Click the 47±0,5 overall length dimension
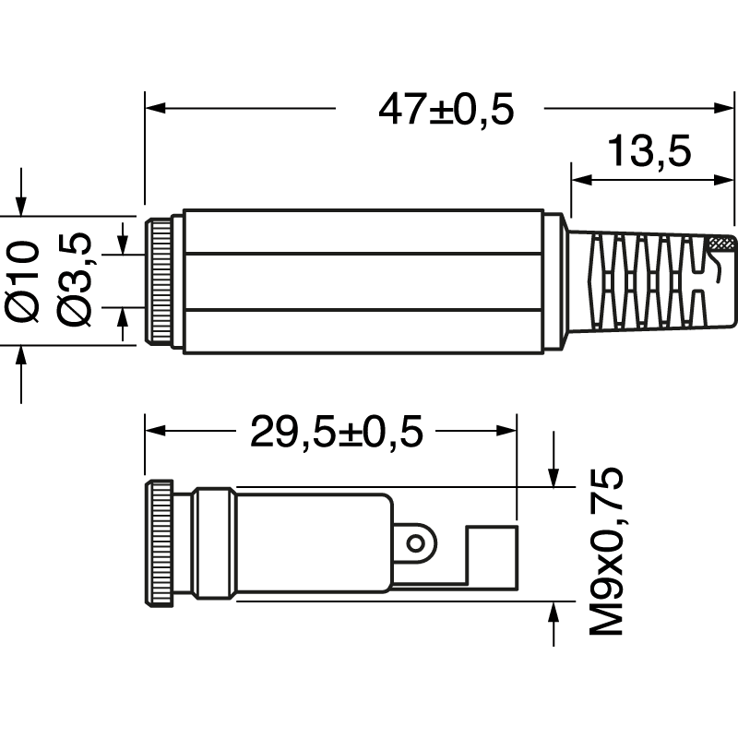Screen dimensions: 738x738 [446, 110]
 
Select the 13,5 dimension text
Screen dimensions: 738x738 [649, 151]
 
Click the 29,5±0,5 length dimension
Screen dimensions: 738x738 [336, 432]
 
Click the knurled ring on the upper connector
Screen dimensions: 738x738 [161, 281]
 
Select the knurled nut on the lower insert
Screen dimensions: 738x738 [159, 544]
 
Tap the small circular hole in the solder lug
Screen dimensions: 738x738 [419, 542]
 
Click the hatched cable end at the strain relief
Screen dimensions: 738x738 [720, 244]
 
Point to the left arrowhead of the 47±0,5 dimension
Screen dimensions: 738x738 [155, 109]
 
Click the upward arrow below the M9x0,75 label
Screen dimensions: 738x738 [553, 613]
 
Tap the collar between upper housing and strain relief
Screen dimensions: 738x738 [553, 281]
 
